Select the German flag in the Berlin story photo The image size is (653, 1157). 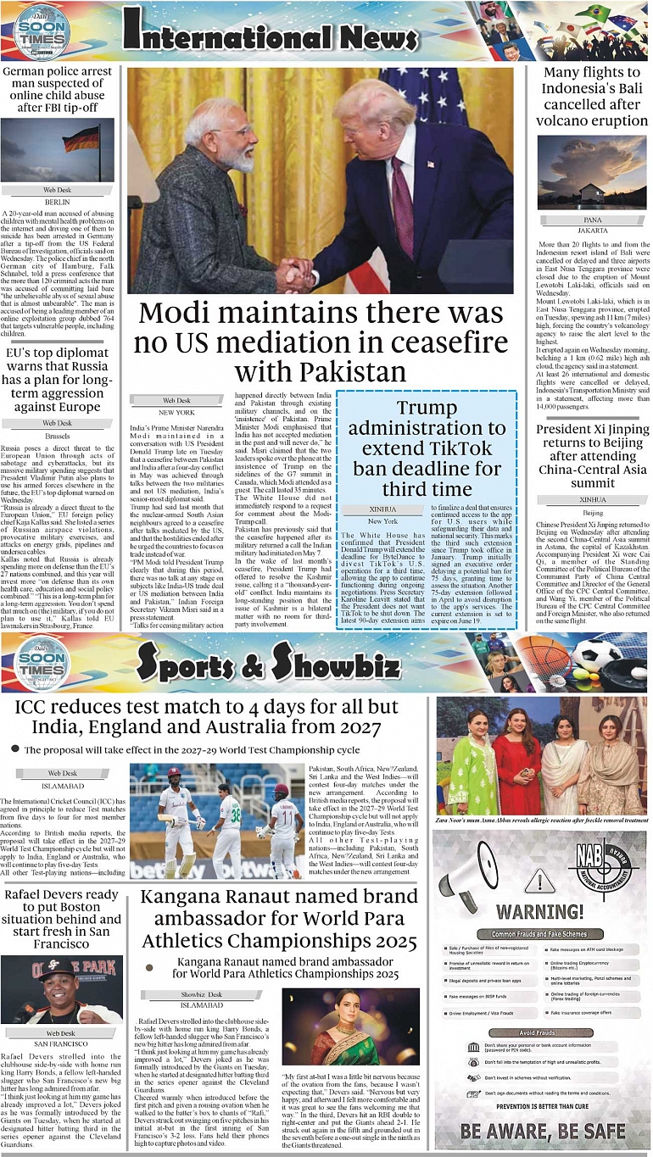pyautogui.click(x=82, y=138)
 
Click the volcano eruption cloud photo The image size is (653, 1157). pyautogui.click(x=593, y=172)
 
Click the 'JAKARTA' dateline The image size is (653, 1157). pyautogui.click(x=593, y=231)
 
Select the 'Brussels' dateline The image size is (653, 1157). pyautogui.click(x=58, y=435)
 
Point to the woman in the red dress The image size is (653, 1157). pyautogui.click(x=518, y=759)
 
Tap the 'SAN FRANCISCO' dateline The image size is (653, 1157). pyautogui.click(x=60, y=1043)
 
